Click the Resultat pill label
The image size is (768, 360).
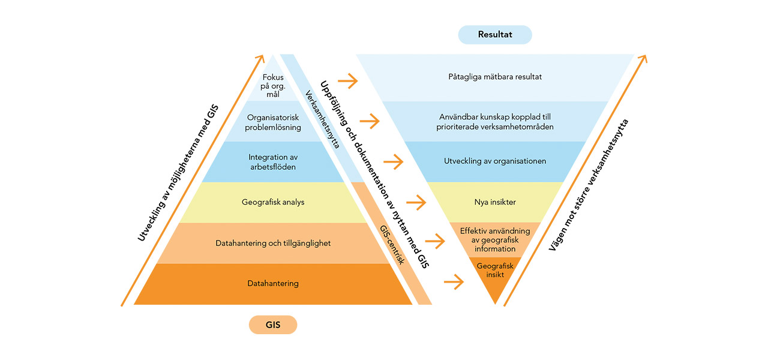495,35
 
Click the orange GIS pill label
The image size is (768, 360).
273,325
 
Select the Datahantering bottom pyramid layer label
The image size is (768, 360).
273,283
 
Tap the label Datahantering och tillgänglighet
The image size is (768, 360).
273,243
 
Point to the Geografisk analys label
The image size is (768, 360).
273,202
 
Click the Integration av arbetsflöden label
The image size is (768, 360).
273,161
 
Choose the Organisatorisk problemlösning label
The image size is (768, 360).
274,122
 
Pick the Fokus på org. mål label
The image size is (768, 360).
273,86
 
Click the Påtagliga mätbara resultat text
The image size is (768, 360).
495,77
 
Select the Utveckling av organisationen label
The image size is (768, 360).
495,161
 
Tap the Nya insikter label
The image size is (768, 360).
495,202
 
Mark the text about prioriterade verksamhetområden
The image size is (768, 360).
495,122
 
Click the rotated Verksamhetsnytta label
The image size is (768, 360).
322,119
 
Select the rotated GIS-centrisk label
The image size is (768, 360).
392,245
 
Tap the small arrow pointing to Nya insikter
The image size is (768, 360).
416,202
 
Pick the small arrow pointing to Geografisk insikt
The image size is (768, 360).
455,281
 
